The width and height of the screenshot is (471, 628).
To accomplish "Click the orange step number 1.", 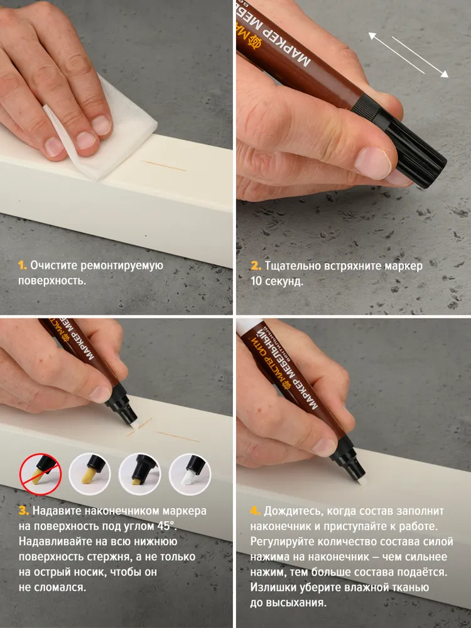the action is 23,266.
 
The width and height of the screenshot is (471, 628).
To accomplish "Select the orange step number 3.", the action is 24,511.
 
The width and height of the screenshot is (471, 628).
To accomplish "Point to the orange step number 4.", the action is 256,511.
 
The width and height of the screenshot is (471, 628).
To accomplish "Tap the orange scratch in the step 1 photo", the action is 165,166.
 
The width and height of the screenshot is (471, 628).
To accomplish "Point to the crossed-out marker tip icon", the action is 40,475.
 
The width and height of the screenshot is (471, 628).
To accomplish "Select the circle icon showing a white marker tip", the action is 190,475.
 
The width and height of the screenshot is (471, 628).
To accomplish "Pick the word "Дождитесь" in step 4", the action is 293,511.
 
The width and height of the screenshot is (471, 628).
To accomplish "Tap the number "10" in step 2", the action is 256,281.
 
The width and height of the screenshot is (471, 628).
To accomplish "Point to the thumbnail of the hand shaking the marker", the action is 353,157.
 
